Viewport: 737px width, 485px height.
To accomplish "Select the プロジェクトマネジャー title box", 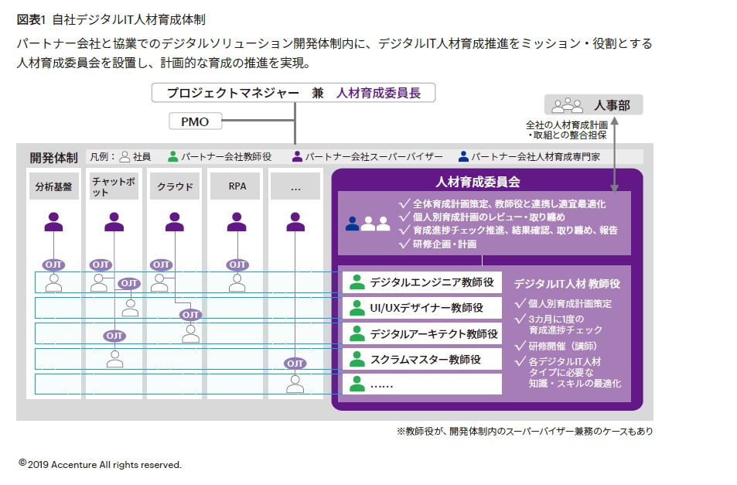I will (x=294, y=93).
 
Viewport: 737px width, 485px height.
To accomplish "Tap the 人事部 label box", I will (x=593, y=105).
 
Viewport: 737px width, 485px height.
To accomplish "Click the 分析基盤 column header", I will (x=53, y=186).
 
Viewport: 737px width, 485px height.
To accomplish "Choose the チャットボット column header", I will (x=114, y=186).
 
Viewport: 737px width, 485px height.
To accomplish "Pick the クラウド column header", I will (x=175, y=186).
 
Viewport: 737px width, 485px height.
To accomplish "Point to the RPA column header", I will (x=237, y=186).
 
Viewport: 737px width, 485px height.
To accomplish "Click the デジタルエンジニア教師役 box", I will (x=421, y=282).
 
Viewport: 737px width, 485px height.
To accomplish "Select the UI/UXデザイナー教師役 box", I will (x=421, y=308).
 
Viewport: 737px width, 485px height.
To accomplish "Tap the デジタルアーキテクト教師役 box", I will (x=421, y=333).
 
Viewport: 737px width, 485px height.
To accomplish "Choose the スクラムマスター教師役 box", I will (x=421, y=359).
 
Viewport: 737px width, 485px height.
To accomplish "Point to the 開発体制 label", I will (x=53, y=157).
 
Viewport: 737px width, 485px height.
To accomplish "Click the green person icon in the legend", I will (x=172, y=156).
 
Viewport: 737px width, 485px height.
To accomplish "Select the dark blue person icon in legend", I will (x=463, y=156).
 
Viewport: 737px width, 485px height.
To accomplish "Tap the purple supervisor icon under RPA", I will (x=237, y=222).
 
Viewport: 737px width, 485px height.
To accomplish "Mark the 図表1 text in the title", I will (x=30, y=19).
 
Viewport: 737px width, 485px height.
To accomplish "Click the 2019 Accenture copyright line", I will (x=101, y=464).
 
